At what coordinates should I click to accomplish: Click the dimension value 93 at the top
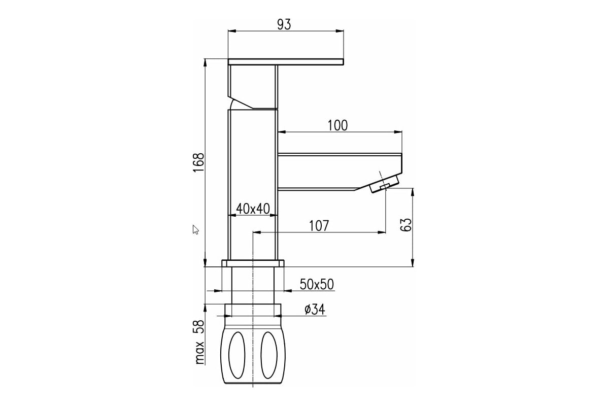click(284, 24)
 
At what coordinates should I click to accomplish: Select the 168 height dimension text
click(199, 162)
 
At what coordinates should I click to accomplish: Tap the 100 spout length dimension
click(337, 125)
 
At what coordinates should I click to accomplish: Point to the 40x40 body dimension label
click(253, 209)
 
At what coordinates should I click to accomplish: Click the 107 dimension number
click(319, 226)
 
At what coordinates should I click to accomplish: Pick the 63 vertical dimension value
click(406, 224)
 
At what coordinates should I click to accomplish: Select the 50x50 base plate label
click(317, 284)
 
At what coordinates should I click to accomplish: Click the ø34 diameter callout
click(315, 309)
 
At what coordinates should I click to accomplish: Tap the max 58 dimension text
click(199, 342)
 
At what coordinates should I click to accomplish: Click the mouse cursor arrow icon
click(195, 229)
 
